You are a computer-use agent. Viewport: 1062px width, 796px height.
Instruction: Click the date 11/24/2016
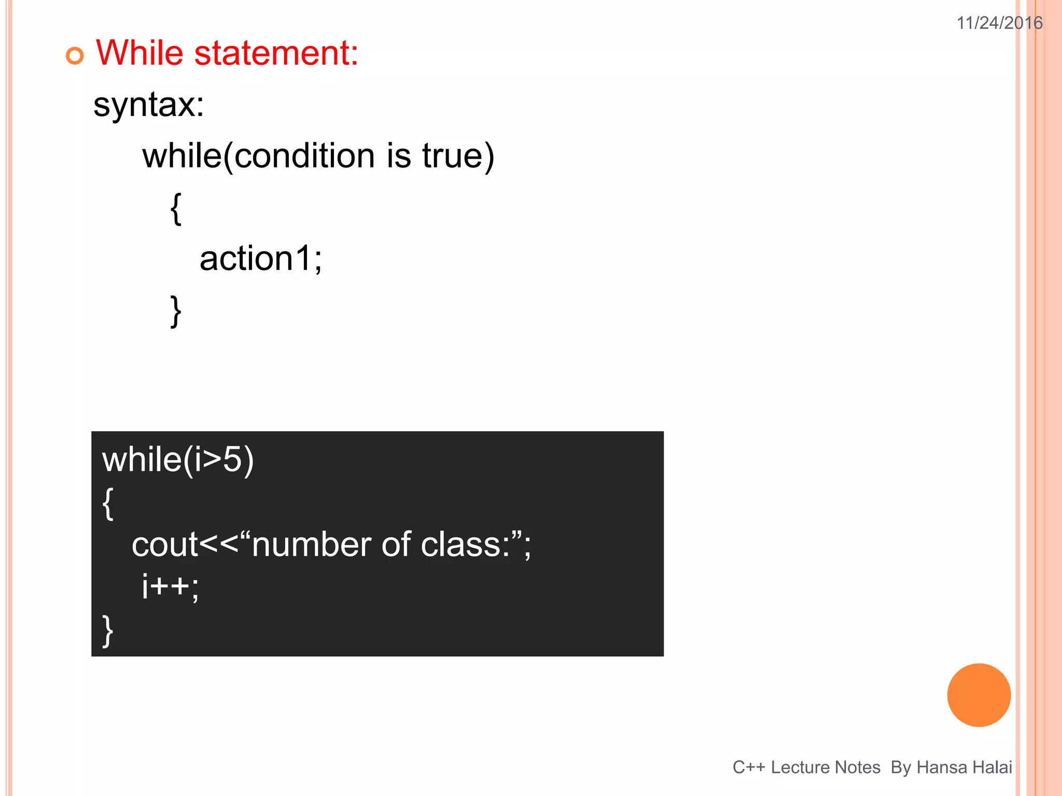999,23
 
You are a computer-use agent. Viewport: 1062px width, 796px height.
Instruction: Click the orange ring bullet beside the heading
75,55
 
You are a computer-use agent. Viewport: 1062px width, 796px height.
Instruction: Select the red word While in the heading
139,53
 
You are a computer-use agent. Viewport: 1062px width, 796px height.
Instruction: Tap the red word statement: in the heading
276,53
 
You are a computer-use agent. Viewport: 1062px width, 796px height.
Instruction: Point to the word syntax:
149,105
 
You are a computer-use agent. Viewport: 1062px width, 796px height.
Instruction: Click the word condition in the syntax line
304,156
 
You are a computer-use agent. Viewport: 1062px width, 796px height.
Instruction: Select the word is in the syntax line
399,156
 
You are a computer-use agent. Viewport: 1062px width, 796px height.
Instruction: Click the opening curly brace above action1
176,208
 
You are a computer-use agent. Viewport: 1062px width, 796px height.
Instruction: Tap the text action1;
260,259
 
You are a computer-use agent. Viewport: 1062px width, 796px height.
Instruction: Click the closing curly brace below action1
176,311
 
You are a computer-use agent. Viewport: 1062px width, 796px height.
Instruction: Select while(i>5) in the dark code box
178,460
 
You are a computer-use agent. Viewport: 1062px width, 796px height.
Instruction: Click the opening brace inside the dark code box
108,503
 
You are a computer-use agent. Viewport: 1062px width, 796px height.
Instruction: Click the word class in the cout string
460,545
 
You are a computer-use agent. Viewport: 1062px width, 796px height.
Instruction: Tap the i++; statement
170,587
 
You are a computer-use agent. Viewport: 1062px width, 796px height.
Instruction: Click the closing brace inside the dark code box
108,631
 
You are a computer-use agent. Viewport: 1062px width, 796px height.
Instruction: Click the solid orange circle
979,695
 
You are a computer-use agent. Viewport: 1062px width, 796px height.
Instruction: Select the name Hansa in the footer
937,767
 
